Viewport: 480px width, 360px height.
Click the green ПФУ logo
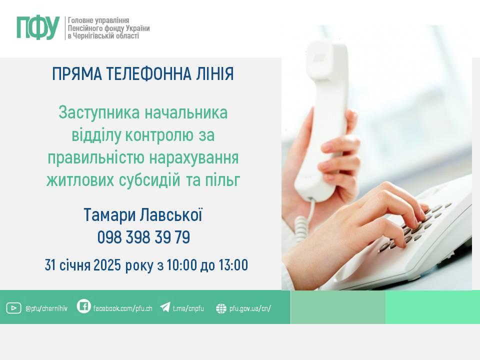[38, 28]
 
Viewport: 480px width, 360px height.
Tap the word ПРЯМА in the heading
[77, 74]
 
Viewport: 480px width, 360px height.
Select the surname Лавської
[171, 215]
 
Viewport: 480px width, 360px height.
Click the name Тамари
[109, 215]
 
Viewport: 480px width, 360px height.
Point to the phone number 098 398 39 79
[143, 237]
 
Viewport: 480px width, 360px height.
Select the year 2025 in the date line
[107, 265]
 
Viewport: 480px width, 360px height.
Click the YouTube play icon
[13, 308]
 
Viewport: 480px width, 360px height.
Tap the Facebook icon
[83, 306]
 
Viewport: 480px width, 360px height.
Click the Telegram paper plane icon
[165, 307]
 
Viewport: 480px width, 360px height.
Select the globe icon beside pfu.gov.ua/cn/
[221, 308]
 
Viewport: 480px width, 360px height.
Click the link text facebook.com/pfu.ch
[123, 308]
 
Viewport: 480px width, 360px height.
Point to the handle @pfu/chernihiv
[46, 308]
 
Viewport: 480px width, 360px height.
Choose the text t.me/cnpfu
[188, 308]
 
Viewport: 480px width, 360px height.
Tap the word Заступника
[99, 113]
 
